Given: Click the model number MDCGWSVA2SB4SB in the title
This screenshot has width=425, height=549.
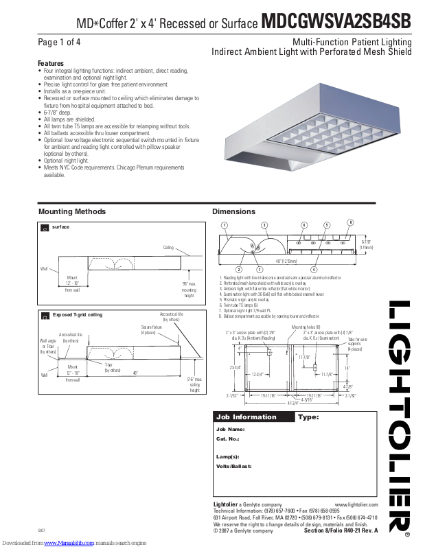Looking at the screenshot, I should (336, 22).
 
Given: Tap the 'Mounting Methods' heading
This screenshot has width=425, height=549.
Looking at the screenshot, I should (67, 211).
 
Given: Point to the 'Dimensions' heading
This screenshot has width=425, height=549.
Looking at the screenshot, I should (233, 211).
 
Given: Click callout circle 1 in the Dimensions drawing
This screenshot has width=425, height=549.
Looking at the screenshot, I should (224, 225).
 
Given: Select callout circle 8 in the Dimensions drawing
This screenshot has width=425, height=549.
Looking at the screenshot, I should (349, 222).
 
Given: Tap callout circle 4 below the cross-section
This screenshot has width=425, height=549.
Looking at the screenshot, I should (314, 268).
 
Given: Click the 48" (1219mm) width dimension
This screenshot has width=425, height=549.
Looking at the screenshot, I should (287, 261).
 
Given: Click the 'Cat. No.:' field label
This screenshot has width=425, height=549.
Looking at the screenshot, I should (227, 438).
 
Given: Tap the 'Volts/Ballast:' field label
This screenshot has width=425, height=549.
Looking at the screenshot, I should (233, 466).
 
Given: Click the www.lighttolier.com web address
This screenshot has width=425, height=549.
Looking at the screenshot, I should (356, 504).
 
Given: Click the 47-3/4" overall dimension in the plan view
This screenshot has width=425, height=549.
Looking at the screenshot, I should (292, 404).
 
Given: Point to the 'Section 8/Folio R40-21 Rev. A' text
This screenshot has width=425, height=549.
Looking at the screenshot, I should (341, 530).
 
